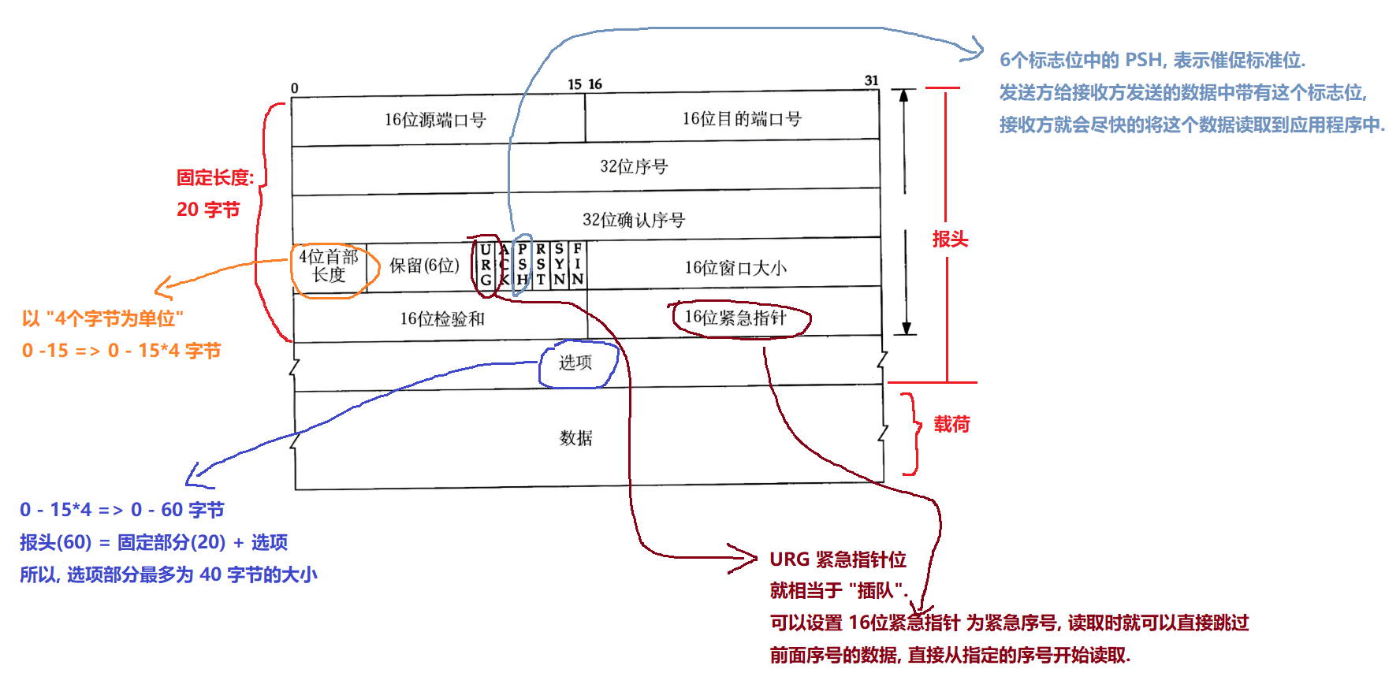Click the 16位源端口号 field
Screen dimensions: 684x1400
pyautogui.click(x=435, y=120)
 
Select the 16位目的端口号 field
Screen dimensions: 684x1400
pyautogui.click(x=741, y=119)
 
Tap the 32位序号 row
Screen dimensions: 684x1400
pyautogui.click(x=634, y=166)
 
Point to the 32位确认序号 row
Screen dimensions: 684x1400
pyautogui.click(x=634, y=220)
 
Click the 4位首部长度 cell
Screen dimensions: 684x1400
pyautogui.click(x=329, y=266)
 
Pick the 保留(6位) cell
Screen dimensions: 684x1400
pyautogui.click(x=424, y=266)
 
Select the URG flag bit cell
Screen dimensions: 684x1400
pyautogui.click(x=486, y=265)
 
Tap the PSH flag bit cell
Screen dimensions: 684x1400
pyautogui.click(x=522, y=265)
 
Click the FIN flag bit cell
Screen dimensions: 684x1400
pyautogui.click(x=578, y=265)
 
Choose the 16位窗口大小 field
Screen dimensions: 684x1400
pyautogui.click(x=735, y=268)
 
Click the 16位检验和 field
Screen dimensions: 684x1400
pyautogui.click(x=441, y=318)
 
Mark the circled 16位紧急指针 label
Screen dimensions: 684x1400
pyautogui.click(x=735, y=318)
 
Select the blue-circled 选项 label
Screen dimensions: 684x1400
pyautogui.click(x=575, y=362)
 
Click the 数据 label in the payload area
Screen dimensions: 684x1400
pyautogui.click(x=575, y=438)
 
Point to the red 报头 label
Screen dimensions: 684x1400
pyautogui.click(x=950, y=240)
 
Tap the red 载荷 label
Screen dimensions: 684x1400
pyautogui.click(x=951, y=425)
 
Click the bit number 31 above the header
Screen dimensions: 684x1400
pyautogui.click(x=871, y=80)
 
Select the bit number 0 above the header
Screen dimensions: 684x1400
pyautogui.click(x=295, y=88)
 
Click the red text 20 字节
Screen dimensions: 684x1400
pyautogui.click(x=208, y=210)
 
